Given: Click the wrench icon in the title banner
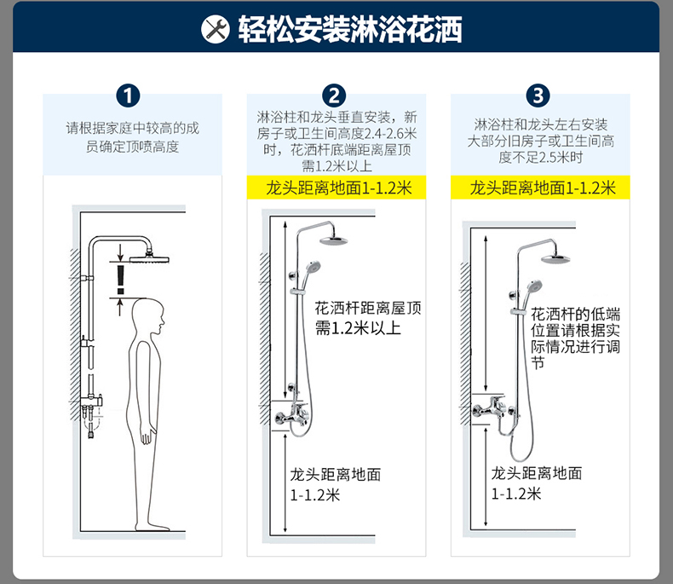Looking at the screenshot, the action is [x=215, y=31].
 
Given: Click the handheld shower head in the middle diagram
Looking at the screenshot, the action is [x=313, y=266].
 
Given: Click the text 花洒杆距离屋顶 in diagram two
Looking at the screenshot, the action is [x=367, y=309].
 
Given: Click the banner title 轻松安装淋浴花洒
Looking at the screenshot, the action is [x=350, y=31].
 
